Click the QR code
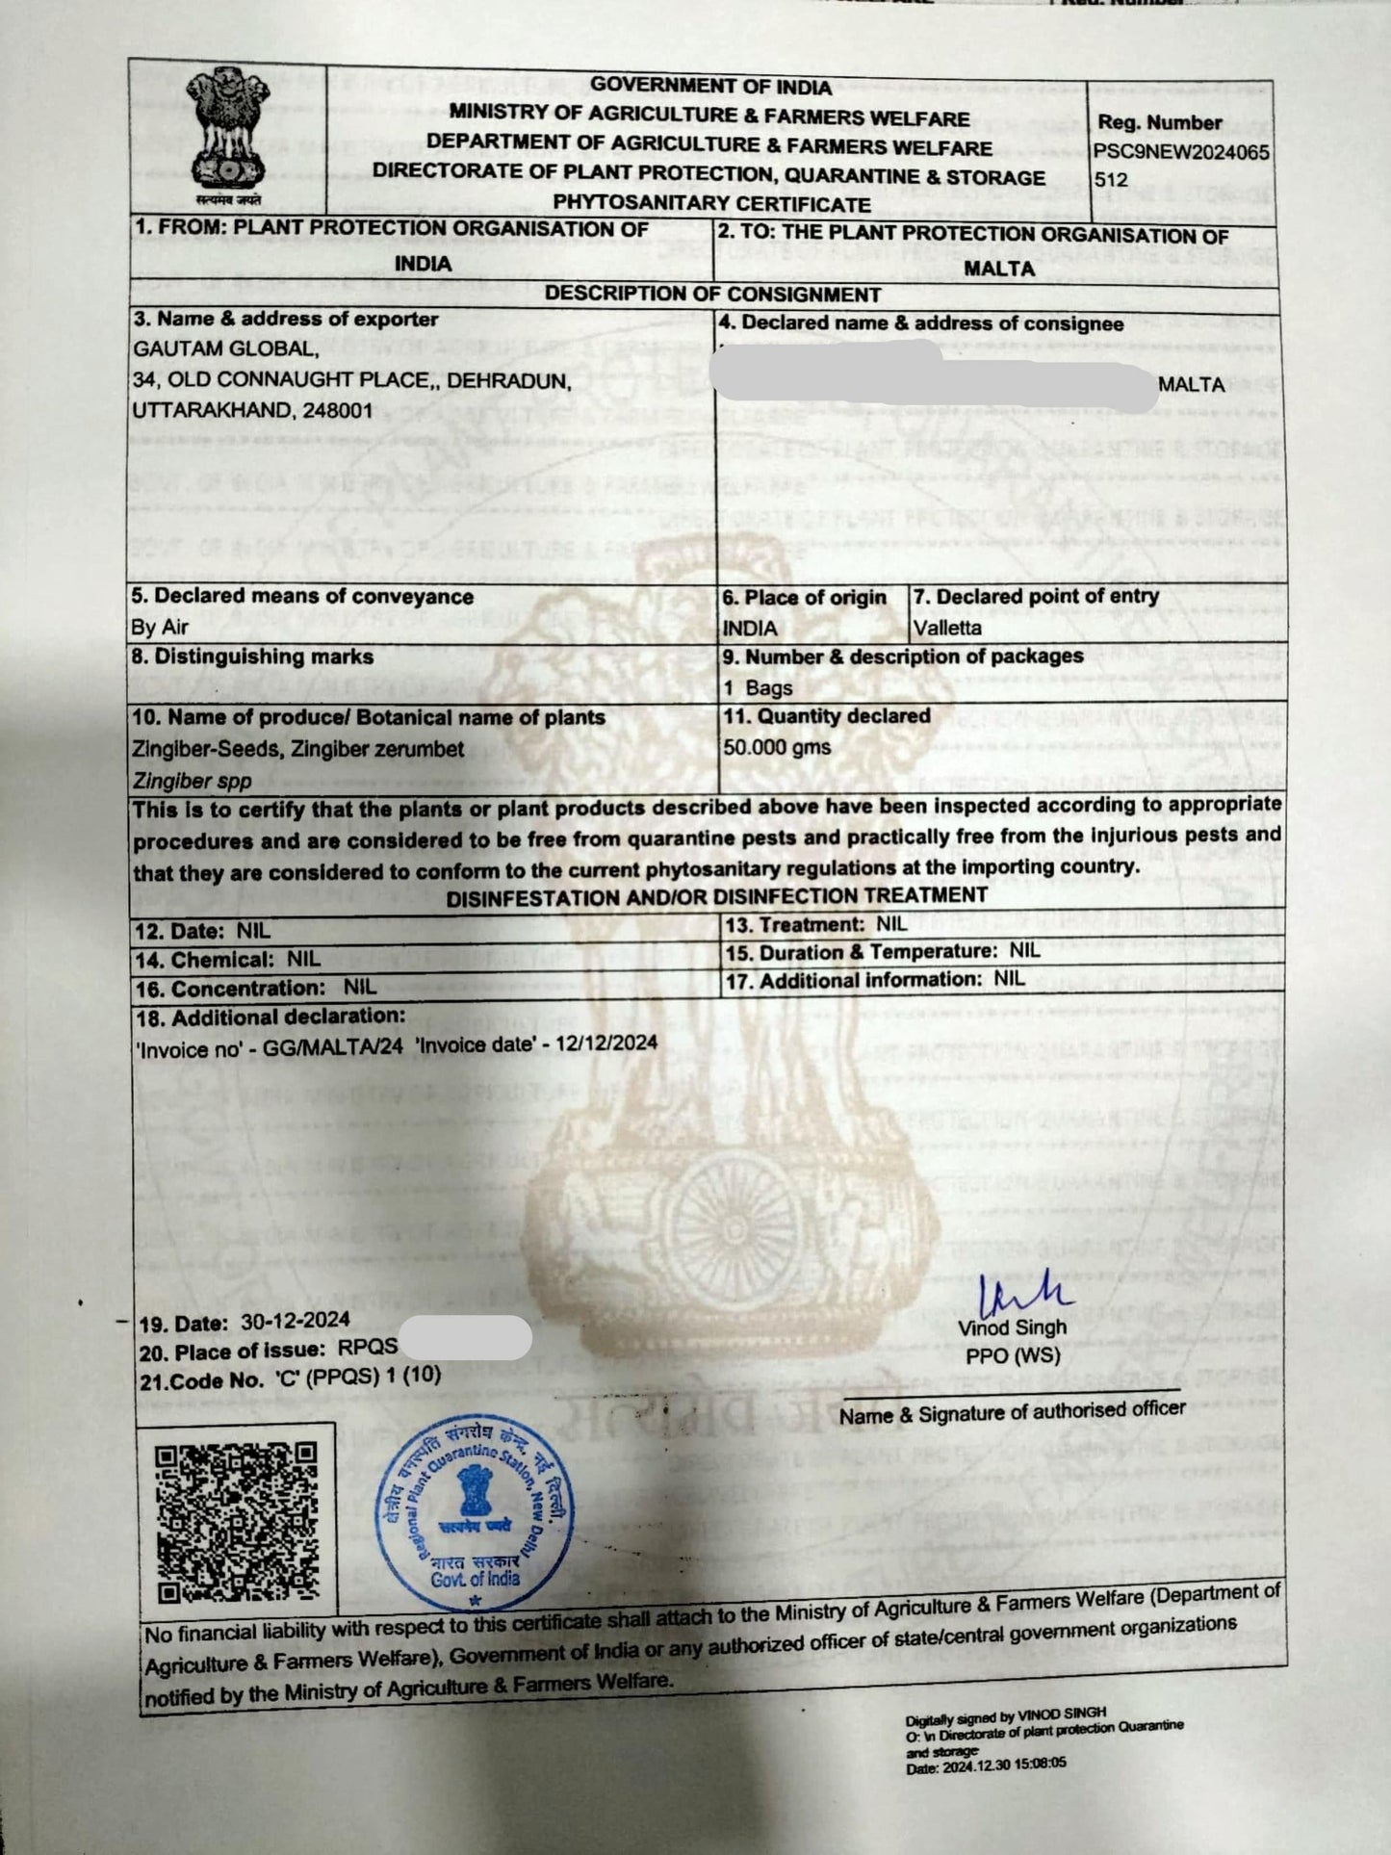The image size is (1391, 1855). pos(237,1520)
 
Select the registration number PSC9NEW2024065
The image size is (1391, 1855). pos(1181,152)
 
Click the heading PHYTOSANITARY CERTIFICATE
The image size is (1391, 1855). pos(710,203)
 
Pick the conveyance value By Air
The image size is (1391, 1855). pos(160,628)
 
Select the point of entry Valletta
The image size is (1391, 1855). pos(947,628)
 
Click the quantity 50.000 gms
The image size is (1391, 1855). pos(776,747)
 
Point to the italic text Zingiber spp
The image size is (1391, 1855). pos(192,781)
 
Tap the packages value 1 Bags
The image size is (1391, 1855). pos(758,687)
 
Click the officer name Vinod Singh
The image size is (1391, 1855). pos(1012,1327)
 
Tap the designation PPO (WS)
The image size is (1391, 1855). pos(1013,1355)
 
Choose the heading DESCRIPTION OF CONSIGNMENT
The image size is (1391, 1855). pos(712,294)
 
